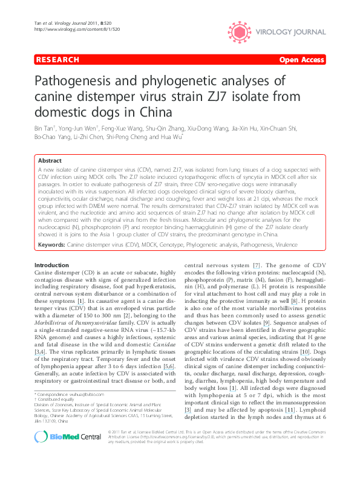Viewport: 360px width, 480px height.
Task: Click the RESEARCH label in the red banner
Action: (x=57, y=60)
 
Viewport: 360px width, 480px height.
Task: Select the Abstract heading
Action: (x=50, y=161)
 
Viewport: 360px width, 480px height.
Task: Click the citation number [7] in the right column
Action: (x=257, y=265)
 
